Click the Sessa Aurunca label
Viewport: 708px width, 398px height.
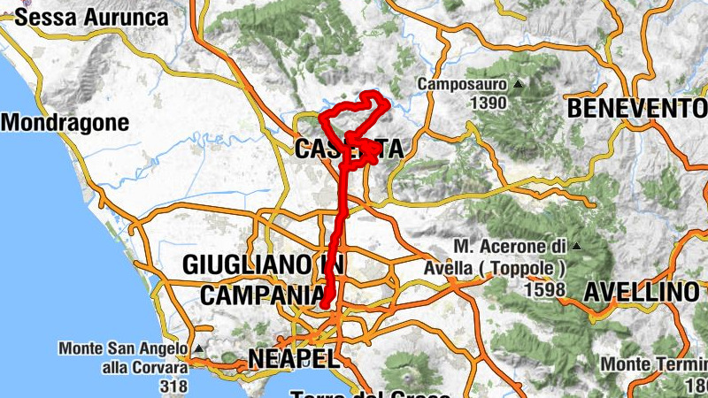tap(92, 17)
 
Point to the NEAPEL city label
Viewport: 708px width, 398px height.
tap(294, 358)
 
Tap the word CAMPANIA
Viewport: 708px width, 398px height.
tap(262, 295)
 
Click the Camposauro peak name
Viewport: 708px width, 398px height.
tap(463, 85)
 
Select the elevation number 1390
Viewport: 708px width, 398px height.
tap(488, 103)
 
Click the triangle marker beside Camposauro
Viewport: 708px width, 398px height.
tap(519, 85)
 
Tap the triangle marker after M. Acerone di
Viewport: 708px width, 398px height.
tap(577, 245)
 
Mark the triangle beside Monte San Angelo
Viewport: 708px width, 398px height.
tap(201, 349)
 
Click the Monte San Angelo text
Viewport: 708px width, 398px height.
tap(125, 349)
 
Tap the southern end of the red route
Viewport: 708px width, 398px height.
tap(326, 304)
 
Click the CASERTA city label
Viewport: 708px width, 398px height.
tap(348, 149)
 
